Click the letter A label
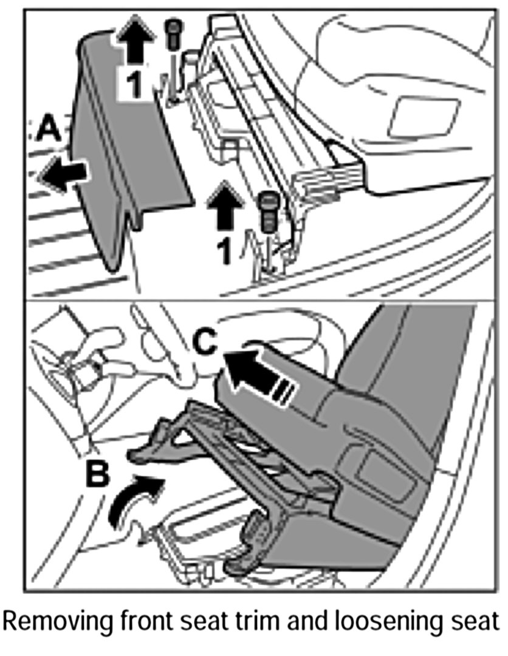tap(48, 129)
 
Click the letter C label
tap(206, 344)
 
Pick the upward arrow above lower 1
tap(222, 207)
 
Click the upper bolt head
tap(174, 28)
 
